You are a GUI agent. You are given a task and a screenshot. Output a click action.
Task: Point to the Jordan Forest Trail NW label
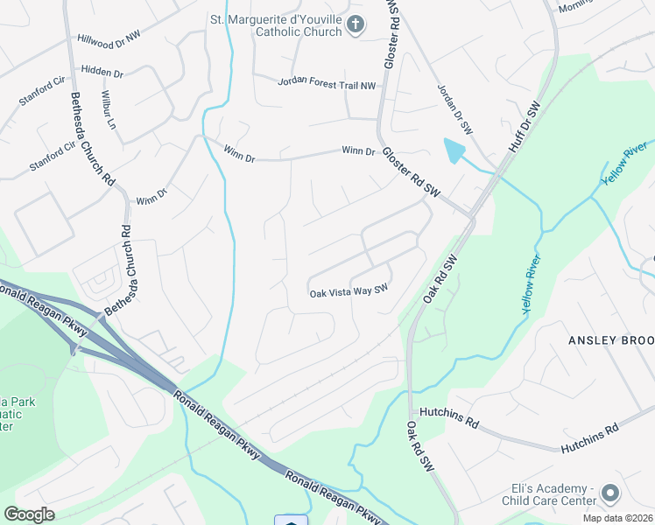326,83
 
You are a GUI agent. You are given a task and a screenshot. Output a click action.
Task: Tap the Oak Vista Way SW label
349,293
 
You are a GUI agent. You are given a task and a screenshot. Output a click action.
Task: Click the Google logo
29,514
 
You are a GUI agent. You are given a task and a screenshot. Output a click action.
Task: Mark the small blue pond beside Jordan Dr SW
453,150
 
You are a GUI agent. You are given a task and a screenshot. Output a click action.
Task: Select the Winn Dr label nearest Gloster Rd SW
358,151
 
